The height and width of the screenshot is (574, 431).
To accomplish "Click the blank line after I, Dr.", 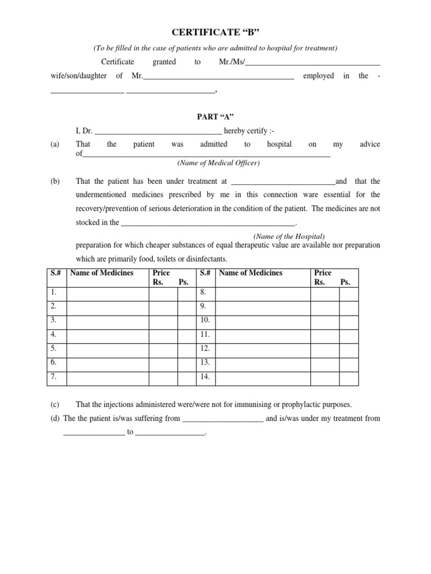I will pos(159,133).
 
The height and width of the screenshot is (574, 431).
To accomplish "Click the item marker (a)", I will pos(55,144).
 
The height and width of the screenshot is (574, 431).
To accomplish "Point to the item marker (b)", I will pos(55,181).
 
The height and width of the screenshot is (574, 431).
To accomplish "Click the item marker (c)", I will pos(55,404).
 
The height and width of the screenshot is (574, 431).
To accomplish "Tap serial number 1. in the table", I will pos(54,293).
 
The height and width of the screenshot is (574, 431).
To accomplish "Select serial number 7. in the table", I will pos(54,377).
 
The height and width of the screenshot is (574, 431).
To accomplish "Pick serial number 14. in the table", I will pos(205,377).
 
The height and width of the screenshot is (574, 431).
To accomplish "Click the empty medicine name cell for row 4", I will pos(107,335).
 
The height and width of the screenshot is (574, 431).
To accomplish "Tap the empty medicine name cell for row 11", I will pos(263,335).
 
